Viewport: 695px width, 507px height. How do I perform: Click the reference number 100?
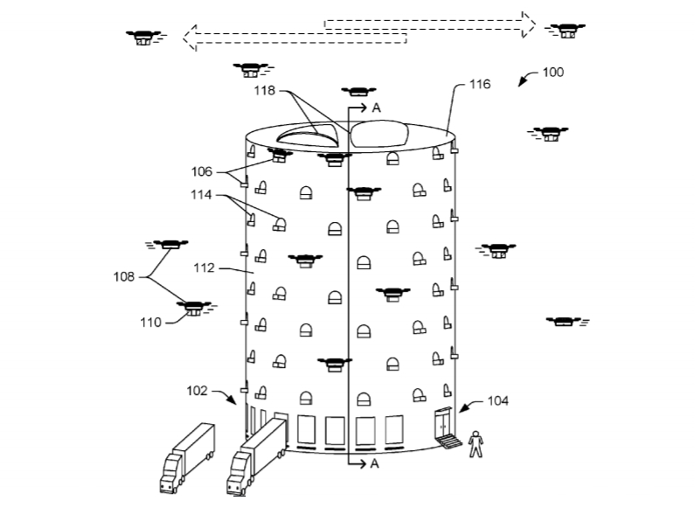553,73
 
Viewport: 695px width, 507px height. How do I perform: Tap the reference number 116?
479,85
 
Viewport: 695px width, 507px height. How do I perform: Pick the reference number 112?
204,269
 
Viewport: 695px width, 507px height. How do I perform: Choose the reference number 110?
150,323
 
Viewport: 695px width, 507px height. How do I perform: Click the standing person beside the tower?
476,443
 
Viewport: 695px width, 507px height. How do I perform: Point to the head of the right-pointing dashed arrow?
526,24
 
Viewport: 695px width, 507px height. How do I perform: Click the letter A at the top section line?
376,108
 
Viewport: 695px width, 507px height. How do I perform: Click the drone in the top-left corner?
143,37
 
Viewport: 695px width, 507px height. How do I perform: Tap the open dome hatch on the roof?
308,135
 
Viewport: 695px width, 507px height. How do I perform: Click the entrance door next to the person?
444,426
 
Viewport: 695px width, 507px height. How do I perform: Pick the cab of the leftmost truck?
171,476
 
